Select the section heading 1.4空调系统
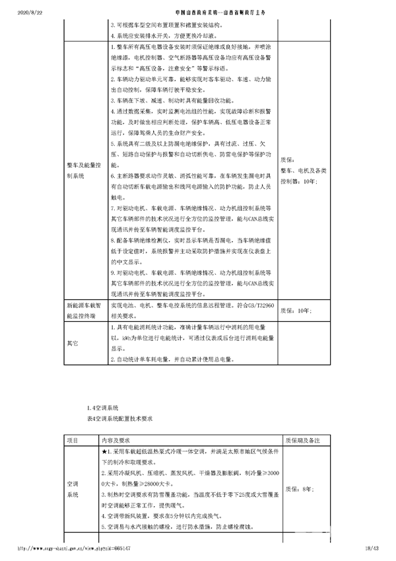102,408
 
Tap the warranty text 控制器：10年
300,180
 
